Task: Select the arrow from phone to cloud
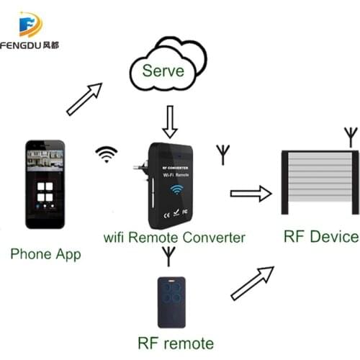point(84,99)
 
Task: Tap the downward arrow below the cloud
point(171,121)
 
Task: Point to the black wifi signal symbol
point(107,153)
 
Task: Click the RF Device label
point(320,236)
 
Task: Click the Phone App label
point(45,253)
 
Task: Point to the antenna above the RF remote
point(168,255)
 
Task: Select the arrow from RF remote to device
point(252,282)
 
